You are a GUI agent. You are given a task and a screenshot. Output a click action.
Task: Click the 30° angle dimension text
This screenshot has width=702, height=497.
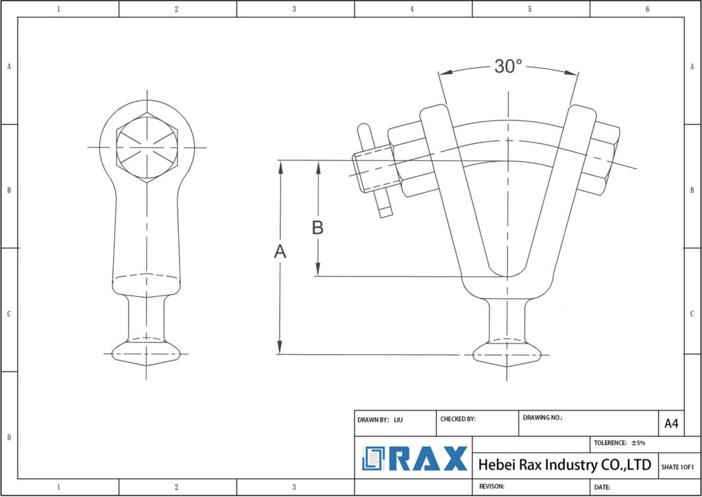508,66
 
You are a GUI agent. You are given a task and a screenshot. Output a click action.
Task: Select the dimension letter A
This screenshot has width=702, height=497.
280,252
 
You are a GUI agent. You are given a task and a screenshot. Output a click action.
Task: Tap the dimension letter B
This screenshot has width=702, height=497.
317,228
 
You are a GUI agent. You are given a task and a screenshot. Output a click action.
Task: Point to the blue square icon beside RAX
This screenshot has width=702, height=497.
374,459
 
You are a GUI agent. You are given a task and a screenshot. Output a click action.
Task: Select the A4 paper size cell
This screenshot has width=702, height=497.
671,424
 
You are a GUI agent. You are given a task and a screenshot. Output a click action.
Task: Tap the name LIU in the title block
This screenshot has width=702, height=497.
398,419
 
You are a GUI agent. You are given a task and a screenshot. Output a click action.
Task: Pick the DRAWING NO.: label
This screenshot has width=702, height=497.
542,417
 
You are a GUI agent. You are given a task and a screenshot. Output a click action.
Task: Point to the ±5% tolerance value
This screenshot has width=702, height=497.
638,443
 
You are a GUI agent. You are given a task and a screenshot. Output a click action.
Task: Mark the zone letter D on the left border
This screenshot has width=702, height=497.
8,437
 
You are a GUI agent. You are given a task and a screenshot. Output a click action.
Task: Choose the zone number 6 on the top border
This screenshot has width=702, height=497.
647,9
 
